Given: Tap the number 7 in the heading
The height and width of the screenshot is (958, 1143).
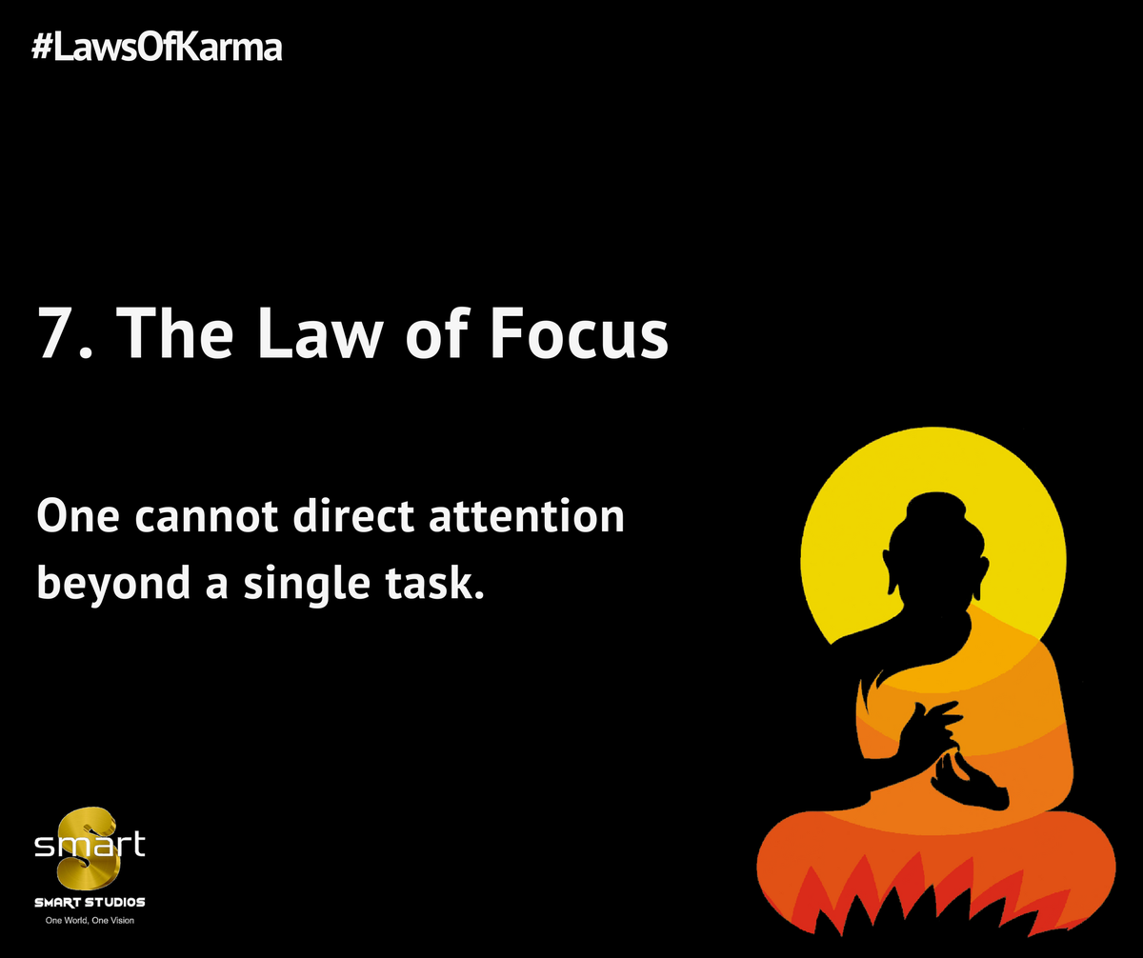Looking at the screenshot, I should point(55,333).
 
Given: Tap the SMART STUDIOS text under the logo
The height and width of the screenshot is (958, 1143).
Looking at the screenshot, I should point(90,902).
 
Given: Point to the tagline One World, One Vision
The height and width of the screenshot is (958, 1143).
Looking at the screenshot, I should point(90,921).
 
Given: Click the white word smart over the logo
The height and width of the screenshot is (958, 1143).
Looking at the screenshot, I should point(90,844).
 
